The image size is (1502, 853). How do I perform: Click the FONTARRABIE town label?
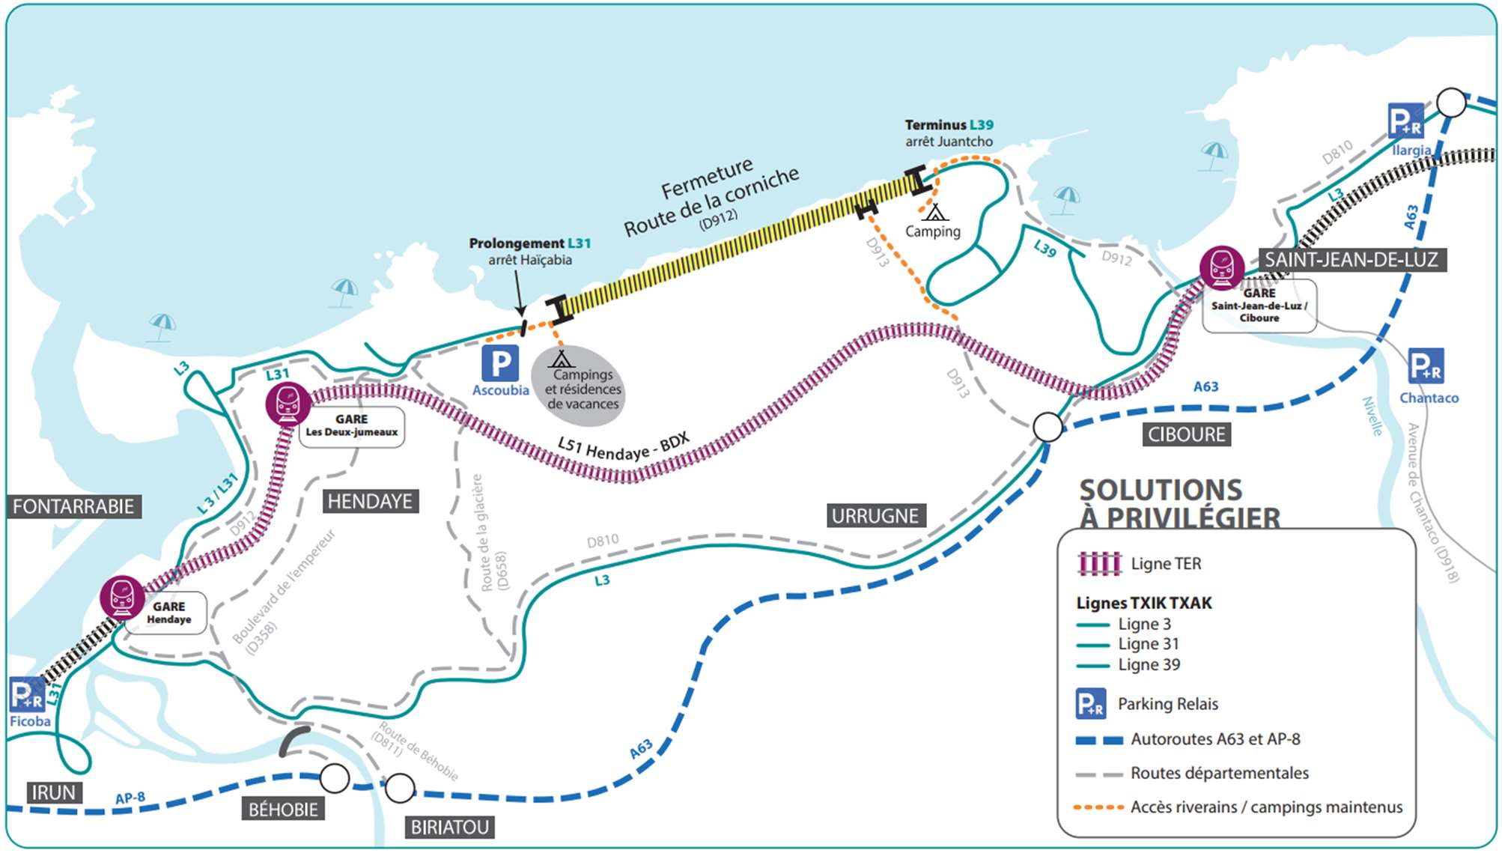click(74, 506)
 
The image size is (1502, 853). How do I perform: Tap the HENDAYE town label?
click(370, 501)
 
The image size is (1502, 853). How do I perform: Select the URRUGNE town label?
click(875, 515)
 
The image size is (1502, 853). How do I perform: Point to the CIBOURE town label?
click(1187, 434)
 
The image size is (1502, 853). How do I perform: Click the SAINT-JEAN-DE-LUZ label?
click(1352, 260)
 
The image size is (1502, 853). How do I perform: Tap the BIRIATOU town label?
click(450, 827)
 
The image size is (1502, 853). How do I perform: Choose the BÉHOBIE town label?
click(283, 809)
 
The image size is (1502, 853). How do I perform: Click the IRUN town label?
click(53, 792)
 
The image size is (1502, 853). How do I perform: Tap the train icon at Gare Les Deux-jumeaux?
click(288, 404)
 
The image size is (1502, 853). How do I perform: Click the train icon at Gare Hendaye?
click(122, 598)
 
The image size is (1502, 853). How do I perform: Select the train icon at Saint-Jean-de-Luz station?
click(1222, 267)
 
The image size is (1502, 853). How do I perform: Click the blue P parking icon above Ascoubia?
click(500, 363)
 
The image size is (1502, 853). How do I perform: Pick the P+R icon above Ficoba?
click(28, 694)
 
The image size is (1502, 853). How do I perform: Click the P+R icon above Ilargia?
click(1406, 121)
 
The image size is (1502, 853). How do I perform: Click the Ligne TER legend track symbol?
click(1099, 563)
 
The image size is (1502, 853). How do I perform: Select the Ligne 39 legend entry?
click(1128, 664)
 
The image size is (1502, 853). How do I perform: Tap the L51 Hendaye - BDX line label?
click(624, 446)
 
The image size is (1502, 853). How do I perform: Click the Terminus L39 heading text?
click(949, 124)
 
